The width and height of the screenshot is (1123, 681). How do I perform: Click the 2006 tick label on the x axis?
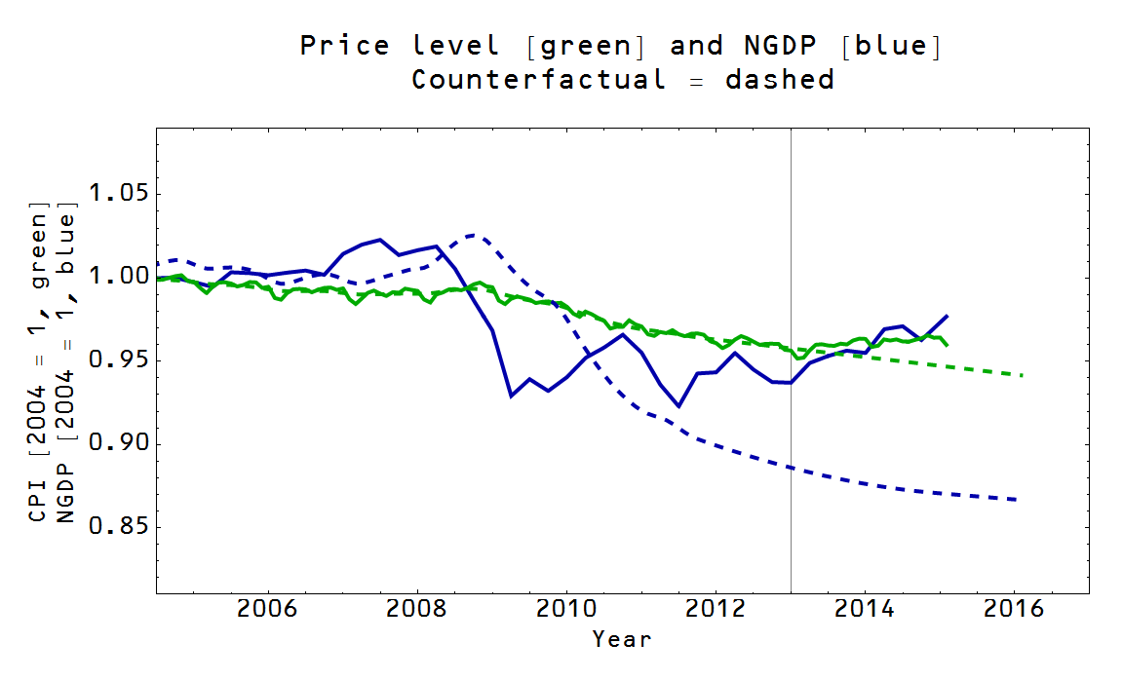click(267, 610)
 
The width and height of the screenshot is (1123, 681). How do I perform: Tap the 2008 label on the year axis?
click(417, 610)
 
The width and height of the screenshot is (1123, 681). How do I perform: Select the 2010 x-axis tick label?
click(566, 610)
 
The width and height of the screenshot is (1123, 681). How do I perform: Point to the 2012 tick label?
click(716, 610)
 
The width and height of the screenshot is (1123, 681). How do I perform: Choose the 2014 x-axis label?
click(866, 610)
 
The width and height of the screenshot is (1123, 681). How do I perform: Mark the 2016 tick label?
click(1015, 610)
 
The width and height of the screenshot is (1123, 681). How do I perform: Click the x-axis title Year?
click(622, 639)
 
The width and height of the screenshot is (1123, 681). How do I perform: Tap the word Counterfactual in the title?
click(539, 79)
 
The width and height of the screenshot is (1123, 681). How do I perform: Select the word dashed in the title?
click(780, 79)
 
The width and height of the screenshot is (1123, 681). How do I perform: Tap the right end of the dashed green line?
click(1022, 375)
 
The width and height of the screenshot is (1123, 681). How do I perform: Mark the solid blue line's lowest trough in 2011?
click(678, 406)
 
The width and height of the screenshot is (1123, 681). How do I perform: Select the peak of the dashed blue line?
click(474, 235)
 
